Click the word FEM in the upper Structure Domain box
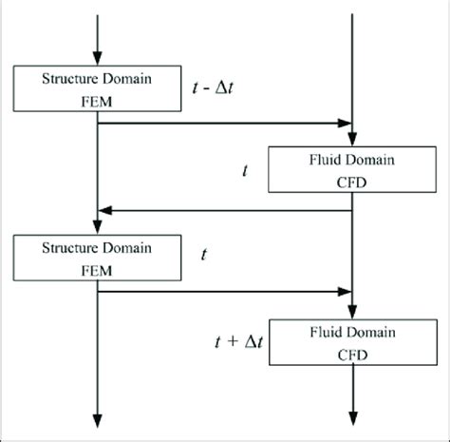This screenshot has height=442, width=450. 99,96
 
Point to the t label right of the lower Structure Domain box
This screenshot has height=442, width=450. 205,255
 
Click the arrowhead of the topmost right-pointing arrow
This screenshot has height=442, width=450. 346,123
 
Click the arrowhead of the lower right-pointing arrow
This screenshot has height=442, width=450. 346,293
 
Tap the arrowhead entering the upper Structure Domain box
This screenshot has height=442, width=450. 99,60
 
